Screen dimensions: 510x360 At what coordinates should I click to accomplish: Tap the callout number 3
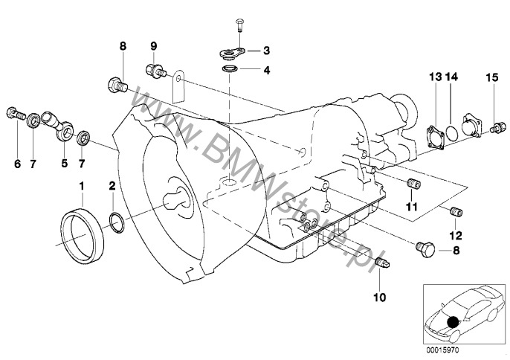click(x=266, y=51)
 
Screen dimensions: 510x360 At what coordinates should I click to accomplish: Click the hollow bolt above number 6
click(x=16, y=113)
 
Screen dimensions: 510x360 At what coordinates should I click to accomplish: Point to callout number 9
click(x=153, y=46)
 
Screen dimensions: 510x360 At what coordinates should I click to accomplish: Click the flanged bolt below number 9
click(x=155, y=71)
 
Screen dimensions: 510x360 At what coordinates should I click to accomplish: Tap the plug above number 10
click(x=382, y=262)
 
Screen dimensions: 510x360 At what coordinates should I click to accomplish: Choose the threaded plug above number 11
click(x=413, y=184)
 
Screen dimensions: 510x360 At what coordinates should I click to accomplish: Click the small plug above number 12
click(x=456, y=211)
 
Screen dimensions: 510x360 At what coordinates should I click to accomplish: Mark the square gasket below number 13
click(x=436, y=139)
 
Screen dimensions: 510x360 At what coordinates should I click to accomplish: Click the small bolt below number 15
click(x=498, y=127)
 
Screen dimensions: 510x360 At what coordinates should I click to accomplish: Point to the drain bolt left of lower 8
click(x=425, y=250)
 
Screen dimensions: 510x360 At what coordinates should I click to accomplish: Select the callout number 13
click(x=435, y=77)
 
